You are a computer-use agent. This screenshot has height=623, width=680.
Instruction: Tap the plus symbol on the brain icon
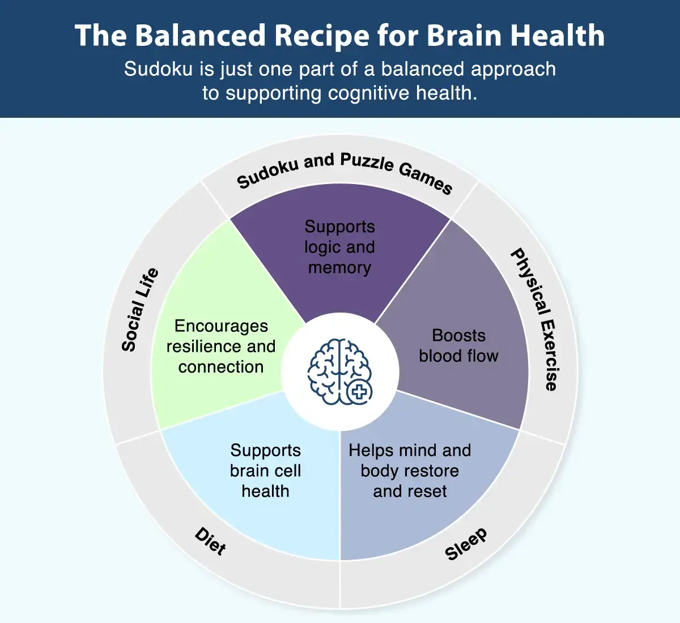point(359,391)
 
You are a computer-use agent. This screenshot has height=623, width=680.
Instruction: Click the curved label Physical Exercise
point(535,319)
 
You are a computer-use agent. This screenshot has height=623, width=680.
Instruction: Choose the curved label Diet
point(210,541)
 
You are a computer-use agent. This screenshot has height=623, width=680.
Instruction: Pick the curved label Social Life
point(140,310)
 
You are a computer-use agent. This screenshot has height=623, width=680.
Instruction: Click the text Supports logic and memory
point(339,247)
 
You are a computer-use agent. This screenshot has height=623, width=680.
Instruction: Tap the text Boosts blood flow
point(458,345)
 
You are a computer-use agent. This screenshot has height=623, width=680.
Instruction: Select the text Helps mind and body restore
point(410,471)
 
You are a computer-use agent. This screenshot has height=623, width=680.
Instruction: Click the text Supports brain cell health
point(265,471)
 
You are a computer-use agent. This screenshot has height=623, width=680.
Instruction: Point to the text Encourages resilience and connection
point(220,346)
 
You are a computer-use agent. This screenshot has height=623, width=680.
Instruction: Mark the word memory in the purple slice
point(339,267)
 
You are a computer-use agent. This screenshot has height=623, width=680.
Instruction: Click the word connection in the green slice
point(220,367)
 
